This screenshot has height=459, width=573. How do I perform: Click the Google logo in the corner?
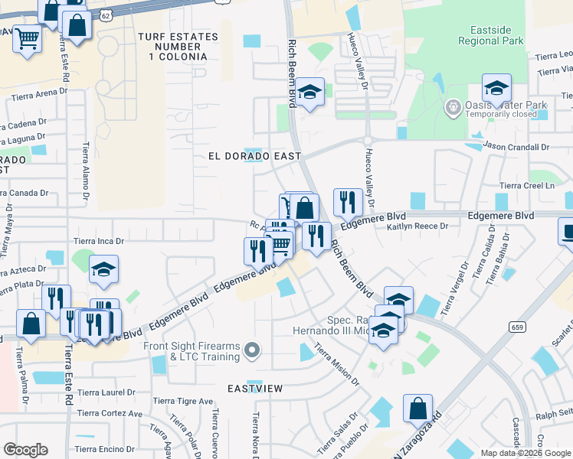25,450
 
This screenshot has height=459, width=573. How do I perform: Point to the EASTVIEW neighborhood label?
255,389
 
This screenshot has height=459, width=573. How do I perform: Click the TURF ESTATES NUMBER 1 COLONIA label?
172,47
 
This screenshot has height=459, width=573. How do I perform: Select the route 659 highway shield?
516,327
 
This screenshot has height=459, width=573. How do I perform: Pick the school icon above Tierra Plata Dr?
103,269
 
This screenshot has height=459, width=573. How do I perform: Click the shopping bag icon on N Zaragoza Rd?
417,409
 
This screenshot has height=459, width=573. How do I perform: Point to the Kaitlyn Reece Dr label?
417,226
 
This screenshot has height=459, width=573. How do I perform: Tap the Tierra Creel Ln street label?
526,185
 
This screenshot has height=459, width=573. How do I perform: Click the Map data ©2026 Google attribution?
526,453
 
